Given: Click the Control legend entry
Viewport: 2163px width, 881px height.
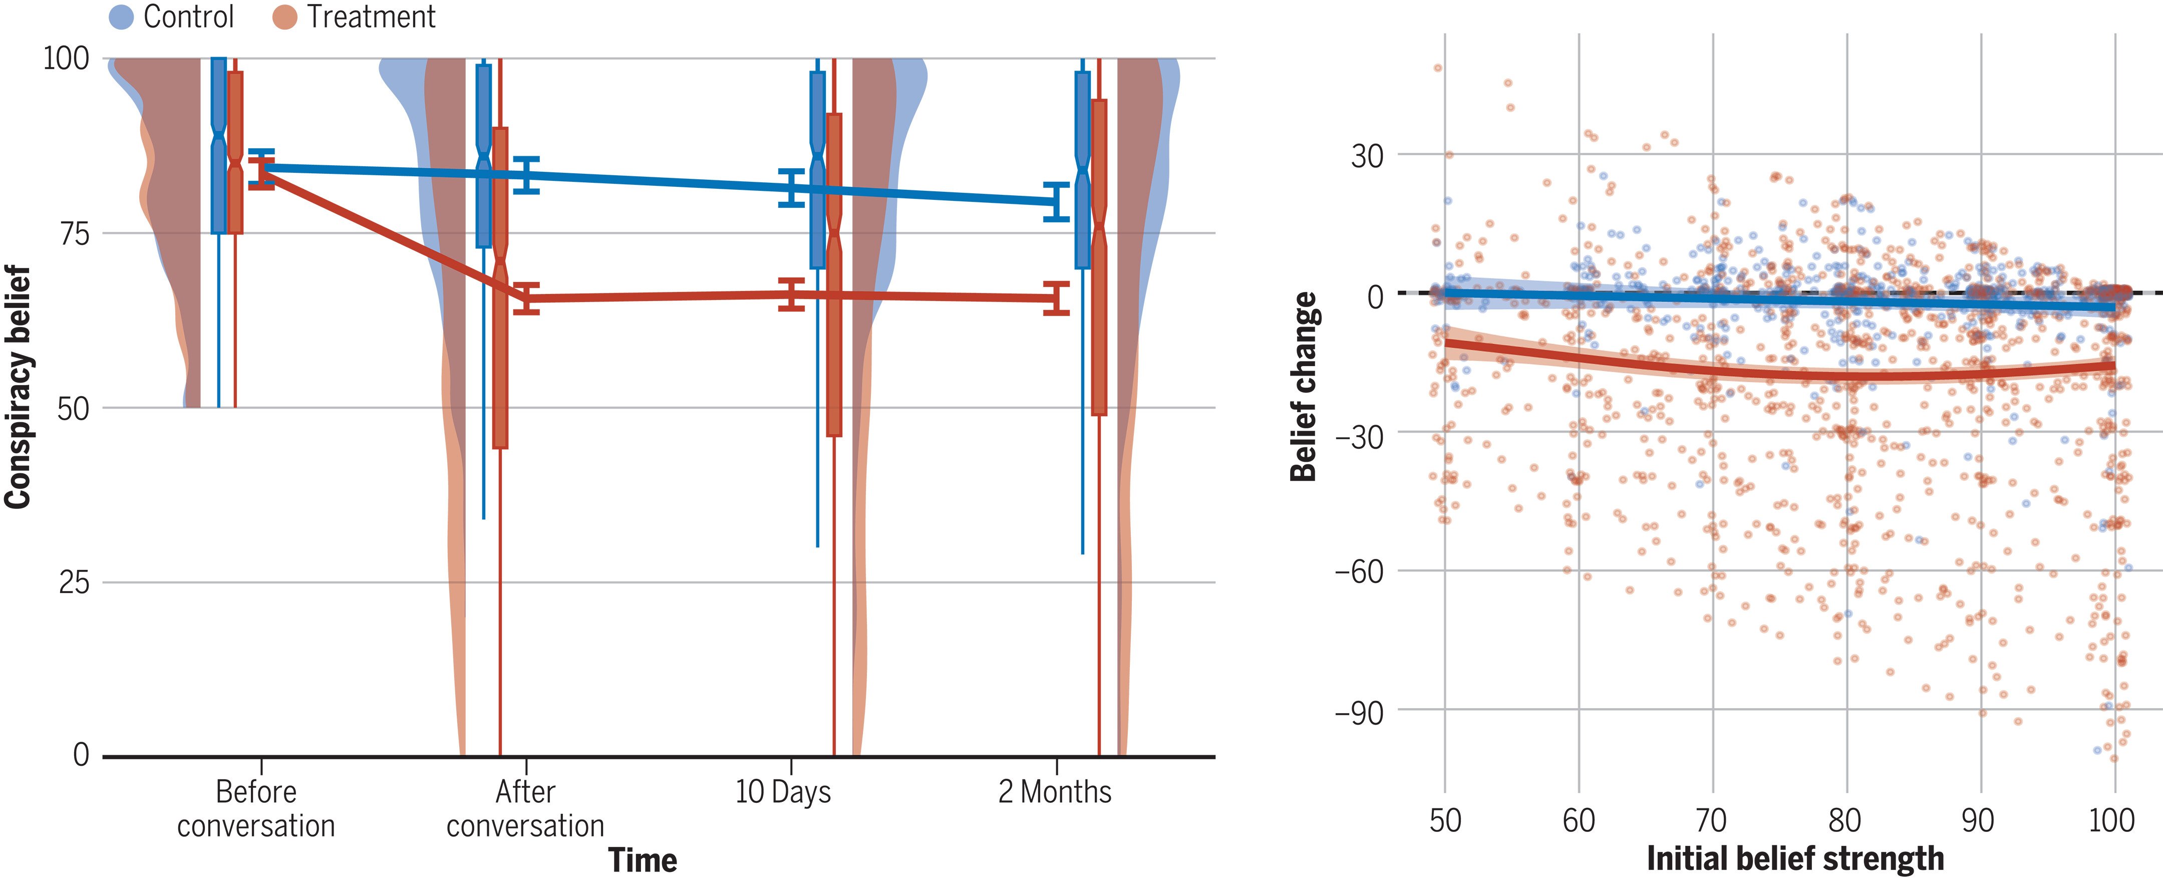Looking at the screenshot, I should pyautogui.click(x=172, y=17).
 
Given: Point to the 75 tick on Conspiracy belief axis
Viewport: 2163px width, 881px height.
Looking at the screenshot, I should pyautogui.click(x=74, y=233).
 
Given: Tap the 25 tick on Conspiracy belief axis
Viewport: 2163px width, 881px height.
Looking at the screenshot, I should pyautogui.click(x=74, y=582).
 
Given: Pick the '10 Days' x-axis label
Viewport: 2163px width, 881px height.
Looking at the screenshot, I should pyautogui.click(x=783, y=792).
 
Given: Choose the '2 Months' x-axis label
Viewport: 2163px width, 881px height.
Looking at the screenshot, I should pyautogui.click(x=1055, y=792).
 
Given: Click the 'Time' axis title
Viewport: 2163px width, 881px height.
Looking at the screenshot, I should pyautogui.click(x=643, y=860).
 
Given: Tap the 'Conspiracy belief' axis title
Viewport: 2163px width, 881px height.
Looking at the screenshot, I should pyautogui.click(x=19, y=386).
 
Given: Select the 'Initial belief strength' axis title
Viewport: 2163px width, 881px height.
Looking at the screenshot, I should pyautogui.click(x=1795, y=858).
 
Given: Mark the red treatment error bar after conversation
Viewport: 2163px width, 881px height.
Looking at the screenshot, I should pyautogui.click(x=526, y=298).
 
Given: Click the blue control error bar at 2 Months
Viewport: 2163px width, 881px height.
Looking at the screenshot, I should pyautogui.click(x=1056, y=201).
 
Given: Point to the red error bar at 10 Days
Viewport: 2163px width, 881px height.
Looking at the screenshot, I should pyautogui.click(x=791, y=294).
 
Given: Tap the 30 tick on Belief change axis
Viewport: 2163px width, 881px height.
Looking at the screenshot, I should pyautogui.click(x=1367, y=155).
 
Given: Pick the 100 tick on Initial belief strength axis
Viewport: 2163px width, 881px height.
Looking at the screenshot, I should pyautogui.click(x=2112, y=820).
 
